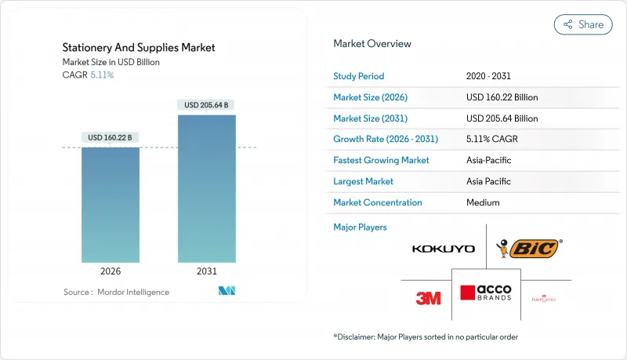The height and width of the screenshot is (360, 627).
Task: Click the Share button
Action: tap(583, 24)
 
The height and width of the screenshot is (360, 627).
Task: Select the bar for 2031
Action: tap(206, 188)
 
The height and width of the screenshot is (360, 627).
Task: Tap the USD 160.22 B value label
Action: tap(111, 137)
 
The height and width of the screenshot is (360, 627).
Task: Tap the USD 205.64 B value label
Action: tap(206, 104)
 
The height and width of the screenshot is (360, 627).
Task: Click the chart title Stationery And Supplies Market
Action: tap(139, 48)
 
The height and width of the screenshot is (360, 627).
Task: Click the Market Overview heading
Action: tap(372, 44)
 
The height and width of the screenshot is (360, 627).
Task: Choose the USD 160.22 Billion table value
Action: tap(502, 97)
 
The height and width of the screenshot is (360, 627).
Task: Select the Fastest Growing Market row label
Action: tap(382, 160)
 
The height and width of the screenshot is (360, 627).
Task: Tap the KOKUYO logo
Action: tap(443, 249)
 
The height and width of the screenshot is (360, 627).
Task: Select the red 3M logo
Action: tap(428, 298)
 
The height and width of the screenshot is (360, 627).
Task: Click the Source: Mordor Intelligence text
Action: tap(116, 292)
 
